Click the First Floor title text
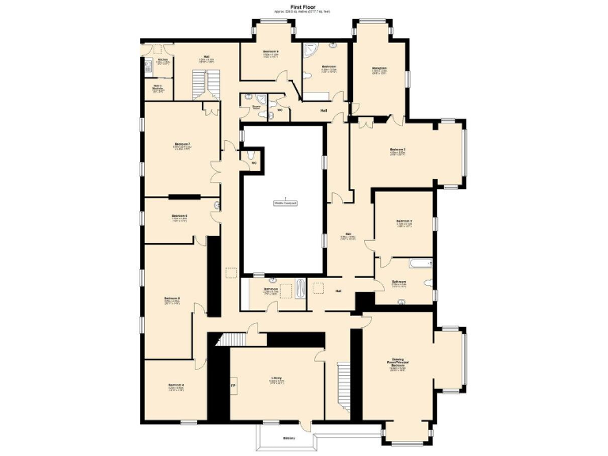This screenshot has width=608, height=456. pos(304,6)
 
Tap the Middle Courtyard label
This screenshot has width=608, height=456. pos(285,203)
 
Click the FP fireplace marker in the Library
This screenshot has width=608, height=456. pos(233,386)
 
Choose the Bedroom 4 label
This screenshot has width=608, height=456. pos(177,386)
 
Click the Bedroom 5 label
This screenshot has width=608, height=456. pos(173,299)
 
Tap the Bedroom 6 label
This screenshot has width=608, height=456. pos(180,216)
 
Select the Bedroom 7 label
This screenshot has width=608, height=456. pos(183,145)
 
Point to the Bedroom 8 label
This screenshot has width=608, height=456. pos(271,52)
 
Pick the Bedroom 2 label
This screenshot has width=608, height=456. pos(404,222)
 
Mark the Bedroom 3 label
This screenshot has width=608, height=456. pos(397,150)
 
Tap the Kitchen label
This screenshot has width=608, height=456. pos(162,60)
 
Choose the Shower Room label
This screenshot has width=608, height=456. pos(256,107)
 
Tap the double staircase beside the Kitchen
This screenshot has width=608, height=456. pos(204,82)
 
